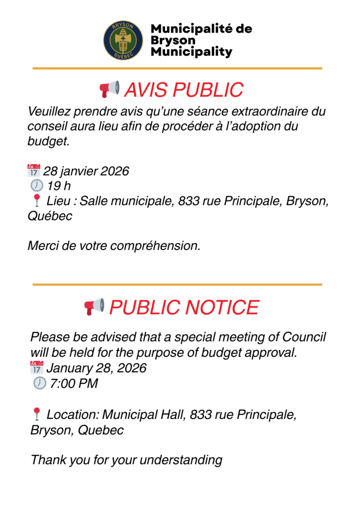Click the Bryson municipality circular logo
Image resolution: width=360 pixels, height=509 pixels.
point(123,40)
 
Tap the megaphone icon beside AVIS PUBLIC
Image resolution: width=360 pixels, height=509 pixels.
point(109,89)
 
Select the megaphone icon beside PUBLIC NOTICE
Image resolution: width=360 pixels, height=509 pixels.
point(94,307)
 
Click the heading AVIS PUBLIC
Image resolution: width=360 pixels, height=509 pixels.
point(183,90)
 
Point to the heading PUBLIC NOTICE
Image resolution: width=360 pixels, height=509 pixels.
point(184,307)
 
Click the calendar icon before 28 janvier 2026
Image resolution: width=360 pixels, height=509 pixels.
point(34,171)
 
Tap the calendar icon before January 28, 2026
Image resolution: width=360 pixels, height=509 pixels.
point(37,368)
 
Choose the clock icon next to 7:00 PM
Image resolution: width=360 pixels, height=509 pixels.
point(39,383)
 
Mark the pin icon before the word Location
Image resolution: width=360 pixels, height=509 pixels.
point(36,414)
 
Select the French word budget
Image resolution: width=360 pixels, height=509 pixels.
point(46,142)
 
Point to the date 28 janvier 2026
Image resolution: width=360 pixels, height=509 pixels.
point(86,171)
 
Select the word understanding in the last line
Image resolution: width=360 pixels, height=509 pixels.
point(181,460)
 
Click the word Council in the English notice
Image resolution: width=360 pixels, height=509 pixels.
point(304,337)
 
